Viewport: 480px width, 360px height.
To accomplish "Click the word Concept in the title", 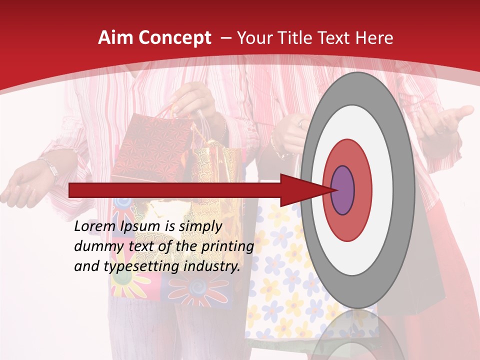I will click(174, 38).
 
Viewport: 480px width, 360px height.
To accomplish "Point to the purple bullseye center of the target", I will click(342, 190).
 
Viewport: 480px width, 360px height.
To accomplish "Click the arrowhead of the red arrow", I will click(300, 190).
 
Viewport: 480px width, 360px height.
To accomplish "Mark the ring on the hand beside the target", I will click(300, 122).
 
